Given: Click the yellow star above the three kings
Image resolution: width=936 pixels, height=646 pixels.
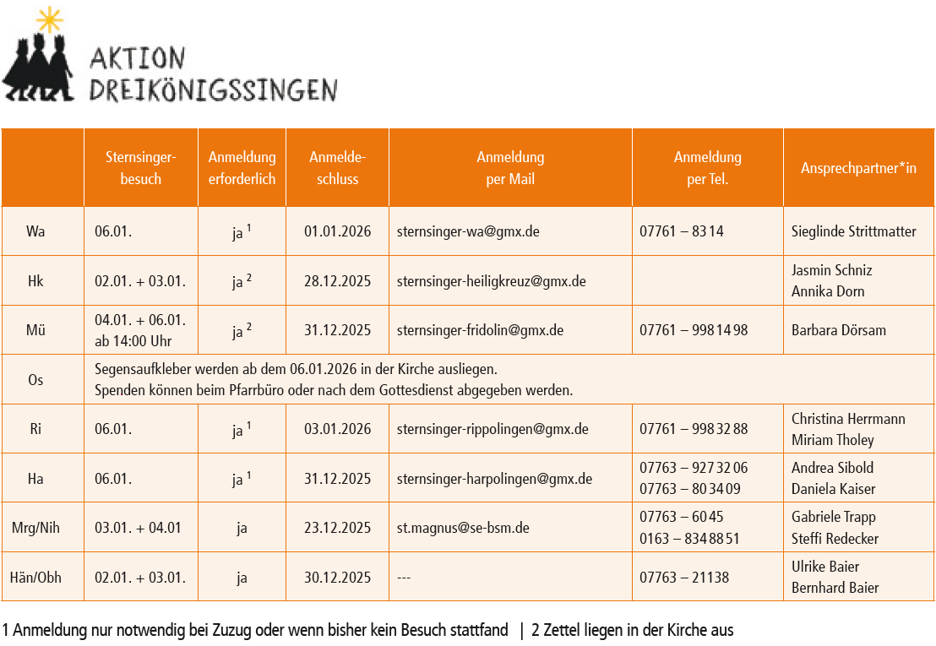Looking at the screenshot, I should pos(50,19).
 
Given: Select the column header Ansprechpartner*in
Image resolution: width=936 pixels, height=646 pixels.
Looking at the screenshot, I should pos(858,168).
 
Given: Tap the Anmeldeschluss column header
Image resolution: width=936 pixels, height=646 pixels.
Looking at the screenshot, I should pos(337,167).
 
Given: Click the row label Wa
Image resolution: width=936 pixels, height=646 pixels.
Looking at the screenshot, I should pos(35,231).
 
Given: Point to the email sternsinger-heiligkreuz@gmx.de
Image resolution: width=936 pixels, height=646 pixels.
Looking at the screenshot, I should pos(491,281).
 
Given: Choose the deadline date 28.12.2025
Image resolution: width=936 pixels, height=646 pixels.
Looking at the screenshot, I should pos(337,281).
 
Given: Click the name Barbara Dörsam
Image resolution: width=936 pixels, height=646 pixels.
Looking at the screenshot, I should pos(838,330).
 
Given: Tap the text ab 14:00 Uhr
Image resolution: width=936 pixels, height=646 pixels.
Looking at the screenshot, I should pos(133,341).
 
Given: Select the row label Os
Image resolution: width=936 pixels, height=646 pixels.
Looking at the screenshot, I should pos(35,380).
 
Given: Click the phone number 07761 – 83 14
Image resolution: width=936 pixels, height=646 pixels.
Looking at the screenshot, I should pos(681,231).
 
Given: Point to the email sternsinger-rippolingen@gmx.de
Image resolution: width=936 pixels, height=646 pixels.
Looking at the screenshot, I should pos(492,429).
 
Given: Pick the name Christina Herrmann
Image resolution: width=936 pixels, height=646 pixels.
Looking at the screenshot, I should pos(848,419).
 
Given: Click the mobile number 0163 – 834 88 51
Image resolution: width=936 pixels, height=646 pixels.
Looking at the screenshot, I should pos(689,539).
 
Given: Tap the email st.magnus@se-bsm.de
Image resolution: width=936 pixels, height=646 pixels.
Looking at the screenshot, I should pos(463,529).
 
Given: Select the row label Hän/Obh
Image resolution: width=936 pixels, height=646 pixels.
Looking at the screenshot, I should pos(35,578).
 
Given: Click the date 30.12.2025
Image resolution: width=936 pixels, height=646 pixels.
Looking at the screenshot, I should pos(337,578).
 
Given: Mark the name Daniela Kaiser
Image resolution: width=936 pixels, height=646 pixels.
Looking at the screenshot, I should pos(833,489).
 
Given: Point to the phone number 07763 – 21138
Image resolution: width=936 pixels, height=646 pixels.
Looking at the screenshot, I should pos(684,578).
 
